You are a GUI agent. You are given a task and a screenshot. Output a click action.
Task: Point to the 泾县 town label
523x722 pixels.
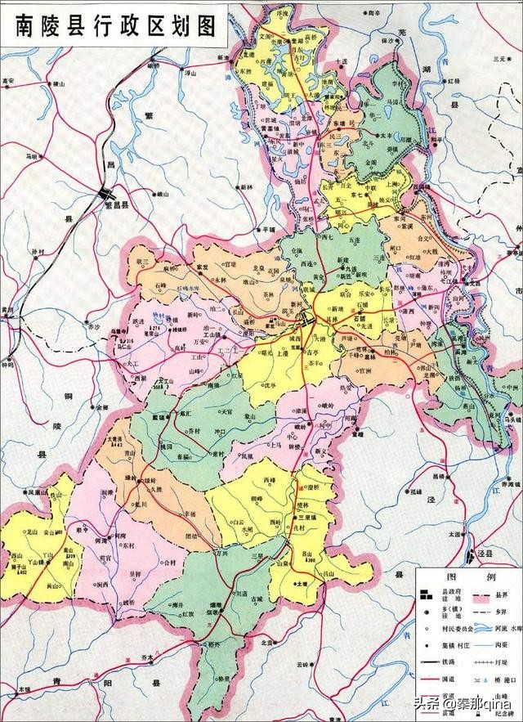(487, 554)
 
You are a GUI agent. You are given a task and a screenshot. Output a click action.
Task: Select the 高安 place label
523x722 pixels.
(9, 81)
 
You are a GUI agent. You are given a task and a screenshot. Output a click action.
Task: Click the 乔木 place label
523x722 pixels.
(148, 656)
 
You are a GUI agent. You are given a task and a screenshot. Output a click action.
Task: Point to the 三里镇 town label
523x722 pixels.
(306, 518)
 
